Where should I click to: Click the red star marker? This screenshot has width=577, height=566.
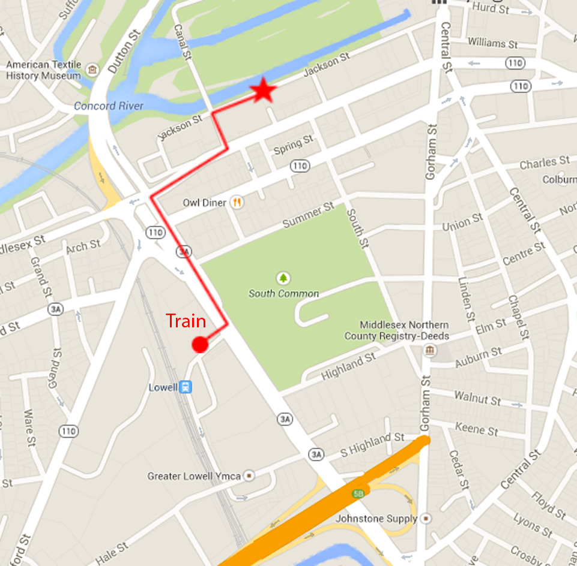262,91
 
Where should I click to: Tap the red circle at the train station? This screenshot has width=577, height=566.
199,345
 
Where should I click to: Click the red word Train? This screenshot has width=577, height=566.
186,321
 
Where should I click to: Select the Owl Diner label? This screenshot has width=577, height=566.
205,203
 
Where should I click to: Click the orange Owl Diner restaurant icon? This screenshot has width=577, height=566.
238,203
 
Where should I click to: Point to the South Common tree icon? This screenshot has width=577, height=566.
283,278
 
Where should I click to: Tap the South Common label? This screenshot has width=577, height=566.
283,294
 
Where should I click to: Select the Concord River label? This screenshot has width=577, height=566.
109,106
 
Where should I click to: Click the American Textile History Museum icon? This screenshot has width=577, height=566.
92,70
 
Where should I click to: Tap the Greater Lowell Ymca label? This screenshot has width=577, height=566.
194,476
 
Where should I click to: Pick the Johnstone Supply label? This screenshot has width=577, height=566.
376,518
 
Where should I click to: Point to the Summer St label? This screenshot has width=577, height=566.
308,215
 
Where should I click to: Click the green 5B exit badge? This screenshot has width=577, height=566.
358,493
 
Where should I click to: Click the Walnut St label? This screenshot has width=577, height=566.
477,398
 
